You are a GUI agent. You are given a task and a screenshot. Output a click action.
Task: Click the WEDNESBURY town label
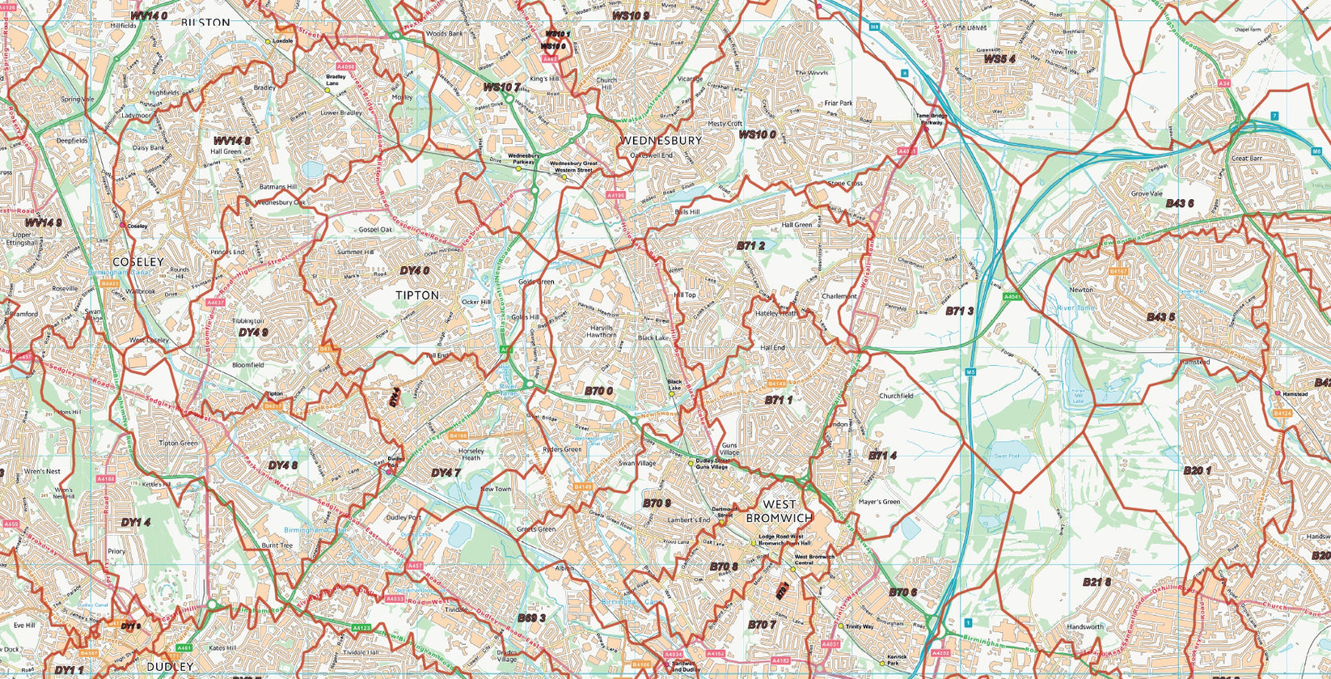pyautogui.click(x=661, y=140)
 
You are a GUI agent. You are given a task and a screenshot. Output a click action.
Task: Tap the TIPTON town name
pyautogui.click(x=417, y=295)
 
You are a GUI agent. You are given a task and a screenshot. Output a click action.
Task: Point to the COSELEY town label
pyautogui.click(x=138, y=262)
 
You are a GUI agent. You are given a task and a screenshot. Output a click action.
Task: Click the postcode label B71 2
pyautogui.click(x=750, y=245)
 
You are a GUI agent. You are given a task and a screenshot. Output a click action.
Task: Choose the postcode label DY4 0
pyautogui.click(x=414, y=270)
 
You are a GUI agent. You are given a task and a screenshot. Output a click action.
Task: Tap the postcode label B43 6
pyautogui.click(x=1180, y=203)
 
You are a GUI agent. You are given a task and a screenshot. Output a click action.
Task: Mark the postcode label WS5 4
pyautogui.click(x=999, y=59)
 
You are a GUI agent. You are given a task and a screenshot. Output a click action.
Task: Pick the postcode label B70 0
pyautogui.click(x=598, y=391)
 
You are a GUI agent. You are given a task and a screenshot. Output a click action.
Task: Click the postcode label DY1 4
pyautogui.click(x=136, y=523)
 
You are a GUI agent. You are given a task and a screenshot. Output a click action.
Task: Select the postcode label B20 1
pyautogui.click(x=1197, y=470)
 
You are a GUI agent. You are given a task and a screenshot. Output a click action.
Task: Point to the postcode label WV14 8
pyautogui.click(x=231, y=141)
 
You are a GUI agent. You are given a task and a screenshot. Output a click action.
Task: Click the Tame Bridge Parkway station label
pyautogui.click(x=929, y=120)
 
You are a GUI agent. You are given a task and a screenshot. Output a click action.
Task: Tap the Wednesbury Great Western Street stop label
pyautogui.click(x=572, y=167)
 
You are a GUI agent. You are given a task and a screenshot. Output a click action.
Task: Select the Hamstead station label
pyautogui.click(x=1295, y=394)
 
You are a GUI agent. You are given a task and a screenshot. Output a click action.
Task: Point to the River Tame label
pyautogui.click(x=1075, y=308)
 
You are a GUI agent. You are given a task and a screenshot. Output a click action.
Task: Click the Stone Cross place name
pyautogui.click(x=844, y=184)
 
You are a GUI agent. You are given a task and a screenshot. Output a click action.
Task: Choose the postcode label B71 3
pyautogui.click(x=959, y=311)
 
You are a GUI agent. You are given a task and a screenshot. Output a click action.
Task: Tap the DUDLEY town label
pyautogui.click(x=171, y=666)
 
